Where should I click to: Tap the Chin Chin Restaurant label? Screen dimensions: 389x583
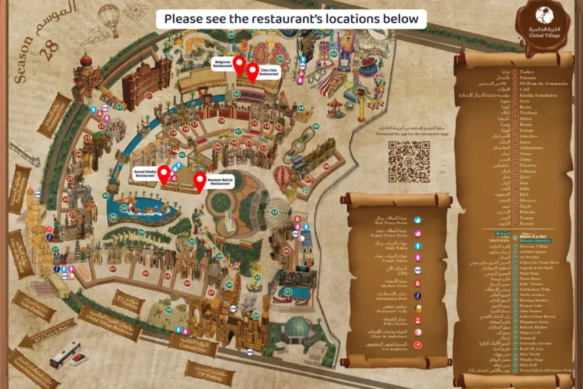tap(269, 72)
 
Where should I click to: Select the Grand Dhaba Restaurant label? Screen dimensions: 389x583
tap(145, 174)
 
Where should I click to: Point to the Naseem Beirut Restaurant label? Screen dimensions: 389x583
tap(220, 181)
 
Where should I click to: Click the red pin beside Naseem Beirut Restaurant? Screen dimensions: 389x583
tap(199, 181)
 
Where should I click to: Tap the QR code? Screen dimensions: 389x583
tap(409, 162)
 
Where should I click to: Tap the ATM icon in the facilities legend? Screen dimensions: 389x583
tap(417, 271)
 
